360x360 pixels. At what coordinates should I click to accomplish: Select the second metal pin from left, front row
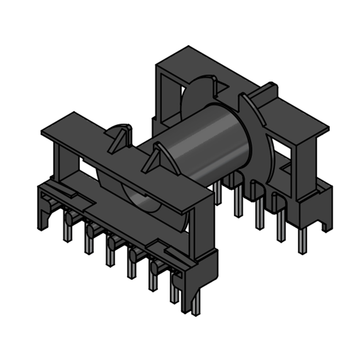(x=89, y=243)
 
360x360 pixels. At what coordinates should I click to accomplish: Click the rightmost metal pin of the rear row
(x=302, y=241)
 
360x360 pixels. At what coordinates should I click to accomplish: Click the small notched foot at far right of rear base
(x=326, y=225)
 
